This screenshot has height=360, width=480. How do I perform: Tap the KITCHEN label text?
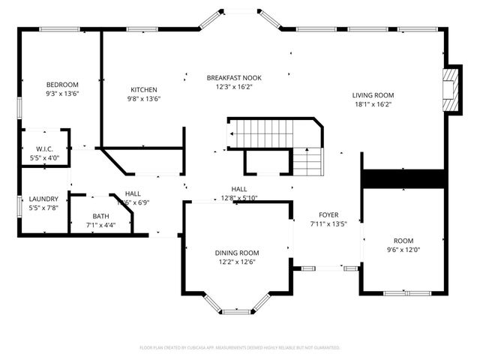click(143, 89)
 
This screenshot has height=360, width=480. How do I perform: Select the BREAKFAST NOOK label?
click(234, 77)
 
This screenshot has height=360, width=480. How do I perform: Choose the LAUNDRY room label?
click(43, 199)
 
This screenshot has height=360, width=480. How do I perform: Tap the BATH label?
click(100, 216)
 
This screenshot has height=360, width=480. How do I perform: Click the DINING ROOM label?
click(237, 253)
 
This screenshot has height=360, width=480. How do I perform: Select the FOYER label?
click(328, 214)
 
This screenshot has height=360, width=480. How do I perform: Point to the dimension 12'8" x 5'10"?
click(239, 198)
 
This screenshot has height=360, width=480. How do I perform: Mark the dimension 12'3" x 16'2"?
click(234, 86)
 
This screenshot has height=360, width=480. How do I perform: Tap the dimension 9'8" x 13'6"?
click(143, 98)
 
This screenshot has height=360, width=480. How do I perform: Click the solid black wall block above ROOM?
click(404, 178)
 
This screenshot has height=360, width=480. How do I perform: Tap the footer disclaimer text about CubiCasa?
click(240, 348)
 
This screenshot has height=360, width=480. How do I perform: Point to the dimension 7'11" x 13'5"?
click(328, 223)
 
